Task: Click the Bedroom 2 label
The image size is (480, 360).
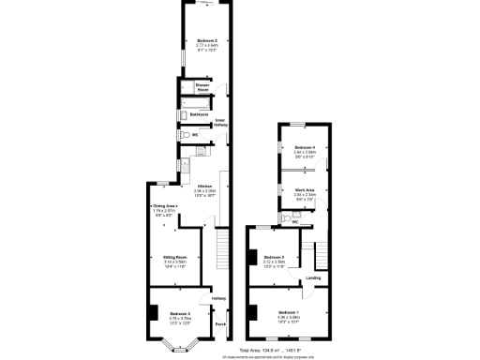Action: (x=206, y=40)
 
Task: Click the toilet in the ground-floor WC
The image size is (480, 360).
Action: (x=185, y=135)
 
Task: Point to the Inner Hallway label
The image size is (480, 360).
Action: (x=221, y=124)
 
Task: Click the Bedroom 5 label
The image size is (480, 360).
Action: (x=180, y=313)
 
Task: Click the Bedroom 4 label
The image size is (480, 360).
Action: (x=304, y=148)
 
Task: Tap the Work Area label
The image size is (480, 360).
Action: (x=304, y=190)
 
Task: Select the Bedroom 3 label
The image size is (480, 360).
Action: (x=274, y=256)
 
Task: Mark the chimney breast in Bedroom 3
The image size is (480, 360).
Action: (x=250, y=255)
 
